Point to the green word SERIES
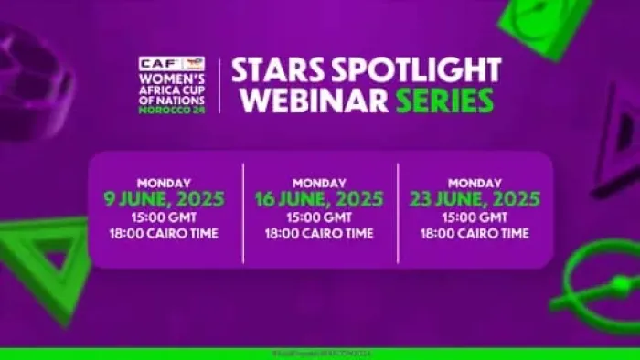[x=444, y=100]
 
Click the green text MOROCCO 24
[x=172, y=111]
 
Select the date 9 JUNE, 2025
[x=165, y=198]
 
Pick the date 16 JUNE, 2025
[x=319, y=198]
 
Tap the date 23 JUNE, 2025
[x=475, y=198]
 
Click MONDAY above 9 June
[x=165, y=182]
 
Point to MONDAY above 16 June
[x=319, y=182]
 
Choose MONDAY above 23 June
[x=475, y=182]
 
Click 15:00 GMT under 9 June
[x=165, y=217]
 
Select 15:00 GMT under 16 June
[x=319, y=217]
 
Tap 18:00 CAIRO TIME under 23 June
[x=475, y=234]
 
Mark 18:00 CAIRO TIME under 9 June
[x=165, y=234]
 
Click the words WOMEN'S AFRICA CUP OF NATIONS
[x=172, y=90]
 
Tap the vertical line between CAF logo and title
[x=219, y=84]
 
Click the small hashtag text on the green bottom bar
[x=319, y=353]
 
